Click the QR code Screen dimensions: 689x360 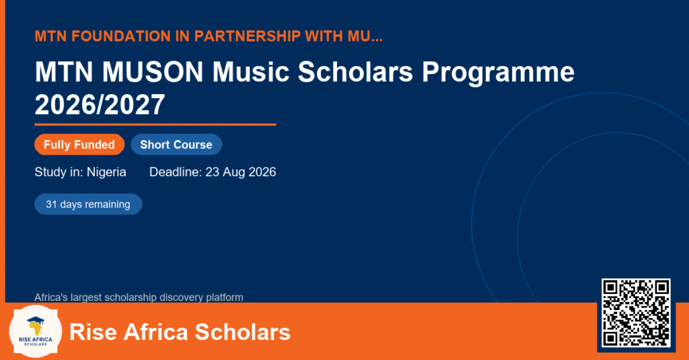[x=636, y=312]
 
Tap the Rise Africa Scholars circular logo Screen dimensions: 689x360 [x=36, y=331]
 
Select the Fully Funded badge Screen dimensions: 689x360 [x=79, y=145]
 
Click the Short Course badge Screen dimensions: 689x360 [x=176, y=145]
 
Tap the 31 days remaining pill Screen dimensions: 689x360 [x=88, y=205]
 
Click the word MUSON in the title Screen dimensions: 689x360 [x=153, y=71]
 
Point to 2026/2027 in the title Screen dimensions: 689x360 [x=100, y=104]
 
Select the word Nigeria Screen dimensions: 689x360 [x=106, y=172]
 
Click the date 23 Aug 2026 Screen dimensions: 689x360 [x=241, y=172]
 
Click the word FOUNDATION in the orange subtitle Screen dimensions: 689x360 [x=121, y=36]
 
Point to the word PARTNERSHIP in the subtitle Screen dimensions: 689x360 [x=246, y=36]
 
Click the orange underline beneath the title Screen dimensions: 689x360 [x=155, y=125]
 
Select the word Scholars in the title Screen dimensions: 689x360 [x=355, y=71]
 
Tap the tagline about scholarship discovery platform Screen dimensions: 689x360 [x=139, y=297]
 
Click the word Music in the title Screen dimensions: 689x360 [x=250, y=71]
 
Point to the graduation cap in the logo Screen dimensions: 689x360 [x=36, y=320]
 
